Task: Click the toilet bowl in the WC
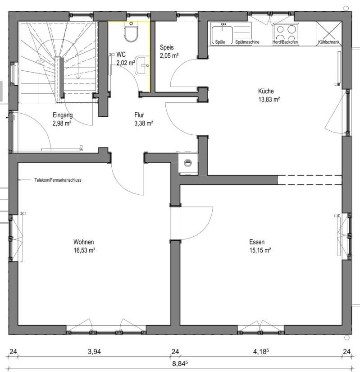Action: pos(131,34)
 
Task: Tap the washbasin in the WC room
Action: pos(142,65)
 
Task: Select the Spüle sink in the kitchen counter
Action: pos(222,35)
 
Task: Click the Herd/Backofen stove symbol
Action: pos(286,33)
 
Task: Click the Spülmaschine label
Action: pos(247,42)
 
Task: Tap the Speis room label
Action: pos(167,47)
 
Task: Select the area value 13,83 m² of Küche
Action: pos(269,99)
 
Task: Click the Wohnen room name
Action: pos(84,242)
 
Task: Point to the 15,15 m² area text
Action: pos(260,250)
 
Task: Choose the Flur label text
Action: pos(139,115)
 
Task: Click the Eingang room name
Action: pos(63,115)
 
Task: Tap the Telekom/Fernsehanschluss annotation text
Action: pos(58,180)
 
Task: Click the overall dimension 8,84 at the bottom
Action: pos(180,363)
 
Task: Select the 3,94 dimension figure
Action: pos(94,352)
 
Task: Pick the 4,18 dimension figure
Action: pos(261,351)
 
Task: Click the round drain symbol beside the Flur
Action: pos(188,163)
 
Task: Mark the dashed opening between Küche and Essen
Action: pos(310,180)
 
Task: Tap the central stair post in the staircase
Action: pos(62,78)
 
